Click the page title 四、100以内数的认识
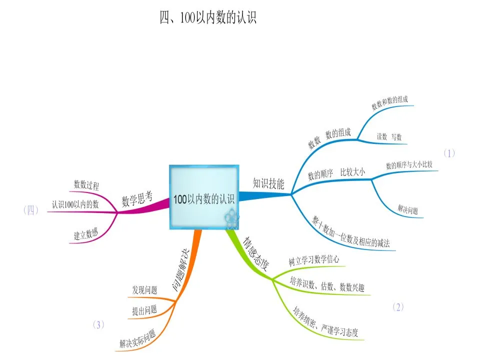tap(207, 18)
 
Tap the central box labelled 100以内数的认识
tap(203, 198)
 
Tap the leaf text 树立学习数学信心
tap(314, 260)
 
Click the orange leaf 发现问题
tap(144, 289)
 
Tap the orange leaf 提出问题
tap(144, 310)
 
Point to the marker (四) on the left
tap(31, 210)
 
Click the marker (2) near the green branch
tap(398, 307)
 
